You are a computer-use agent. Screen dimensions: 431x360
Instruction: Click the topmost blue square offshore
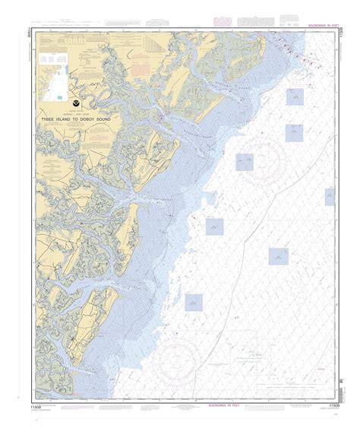click(x=294, y=97)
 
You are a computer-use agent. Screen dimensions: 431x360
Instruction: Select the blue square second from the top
click(x=294, y=133)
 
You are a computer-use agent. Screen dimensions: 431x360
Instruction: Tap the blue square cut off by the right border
click(x=330, y=197)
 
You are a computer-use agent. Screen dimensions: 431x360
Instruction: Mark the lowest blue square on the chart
click(x=194, y=303)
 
